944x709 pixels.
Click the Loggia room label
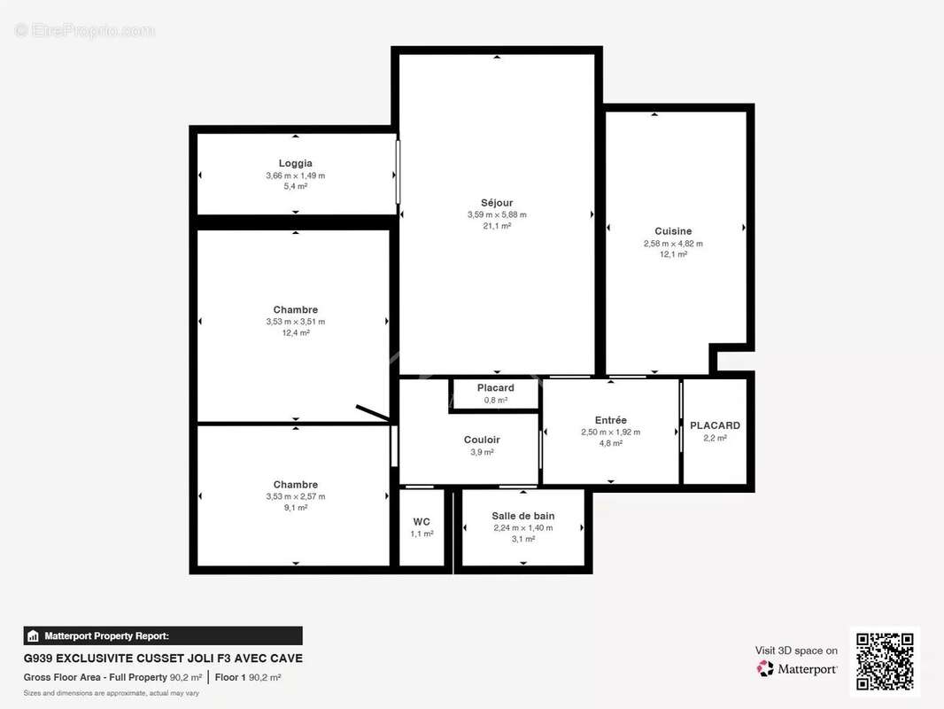pyautogui.click(x=295, y=163)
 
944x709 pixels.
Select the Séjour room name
pyautogui.click(x=497, y=203)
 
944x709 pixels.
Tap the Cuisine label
pyautogui.click(x=673, y=231)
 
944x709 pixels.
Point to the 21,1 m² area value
pyautogui.click(x=497, y=226)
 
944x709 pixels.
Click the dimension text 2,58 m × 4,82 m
pyautogui.click(x=673, y=244)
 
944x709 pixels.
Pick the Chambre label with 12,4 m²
pyautogui.click(x=295, y=310)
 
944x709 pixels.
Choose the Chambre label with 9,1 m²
pyautogui.click(x=295, y=485)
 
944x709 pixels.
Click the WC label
pyautogui.click(x=422, y=522)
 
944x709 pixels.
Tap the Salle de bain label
pyautogui.click(x=522, y=516)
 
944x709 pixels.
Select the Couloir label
pyautogui.click(x=482, y=440)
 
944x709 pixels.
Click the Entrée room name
pyautogui.click(x=610, y=420)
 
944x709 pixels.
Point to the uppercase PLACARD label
pyautogui.click(x=715, y=425)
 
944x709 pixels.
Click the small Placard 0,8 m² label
pyautogui.click(x=495, y=388)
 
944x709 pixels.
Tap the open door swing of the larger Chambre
pyautogui.click(x=372, y=413)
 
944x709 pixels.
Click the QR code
pyautogui.click(x=885, y=661)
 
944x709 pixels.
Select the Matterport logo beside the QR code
pyautogui.click(x=797, y=668)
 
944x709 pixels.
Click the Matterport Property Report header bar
pyautogui.click(x=163, y=635)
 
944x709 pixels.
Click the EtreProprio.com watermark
pyautogui.click(x=84, y=30)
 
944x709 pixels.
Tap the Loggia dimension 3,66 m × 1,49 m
pyautogui.click(x=295, y=175)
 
